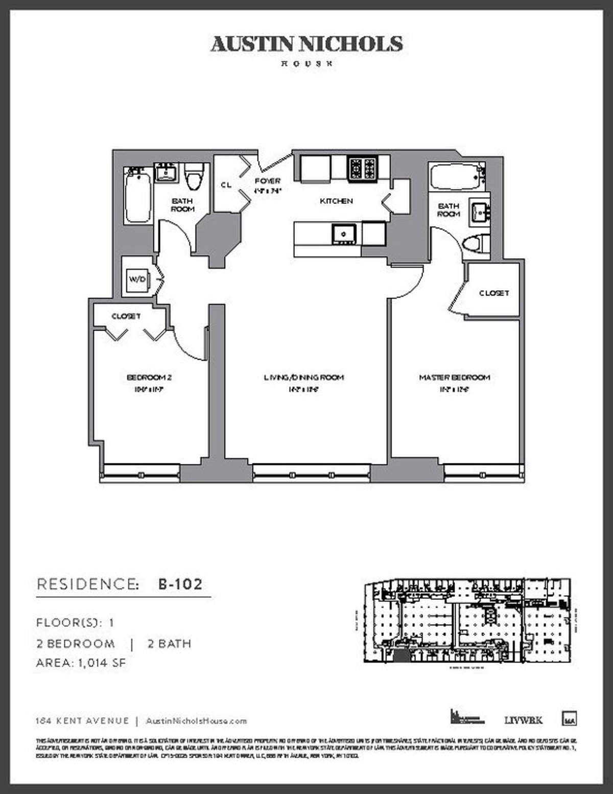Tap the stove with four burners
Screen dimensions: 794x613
363,168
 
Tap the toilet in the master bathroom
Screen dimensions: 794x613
474,243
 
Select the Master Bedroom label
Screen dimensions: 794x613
454,378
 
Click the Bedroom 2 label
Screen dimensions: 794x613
149,378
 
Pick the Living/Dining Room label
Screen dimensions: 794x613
303,378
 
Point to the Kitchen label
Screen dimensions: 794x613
336,201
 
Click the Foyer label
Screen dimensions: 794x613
268,181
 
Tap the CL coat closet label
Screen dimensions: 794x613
226,185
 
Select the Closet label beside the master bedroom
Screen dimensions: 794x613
494,293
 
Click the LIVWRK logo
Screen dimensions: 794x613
523,720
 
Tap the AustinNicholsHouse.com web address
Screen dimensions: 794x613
196,721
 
